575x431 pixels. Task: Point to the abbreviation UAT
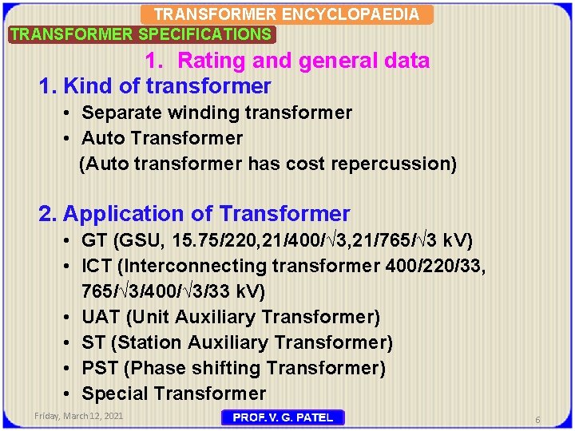tap(101, 317)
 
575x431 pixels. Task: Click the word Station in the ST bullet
tap(151, 342)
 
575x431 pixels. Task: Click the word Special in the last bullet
tap(114, 393)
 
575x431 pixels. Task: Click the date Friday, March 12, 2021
tap(78, 417)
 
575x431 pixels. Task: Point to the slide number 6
tap(538, 419)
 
